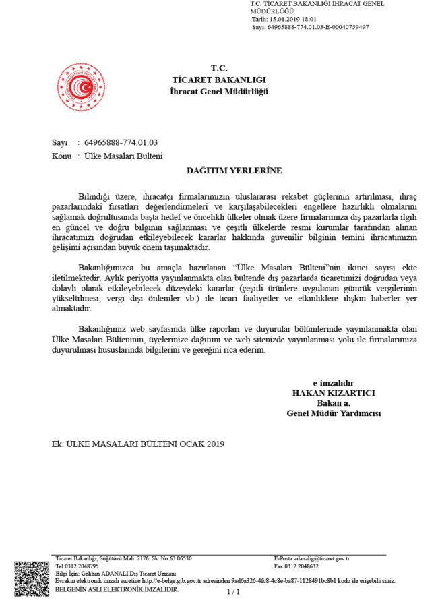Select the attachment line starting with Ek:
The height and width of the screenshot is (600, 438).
tap(137, 444)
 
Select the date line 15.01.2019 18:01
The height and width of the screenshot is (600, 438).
tap(290, 20)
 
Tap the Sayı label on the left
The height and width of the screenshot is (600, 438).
tap(60, 143)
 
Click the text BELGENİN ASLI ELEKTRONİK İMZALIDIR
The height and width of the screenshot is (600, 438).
tap(117, 589)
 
